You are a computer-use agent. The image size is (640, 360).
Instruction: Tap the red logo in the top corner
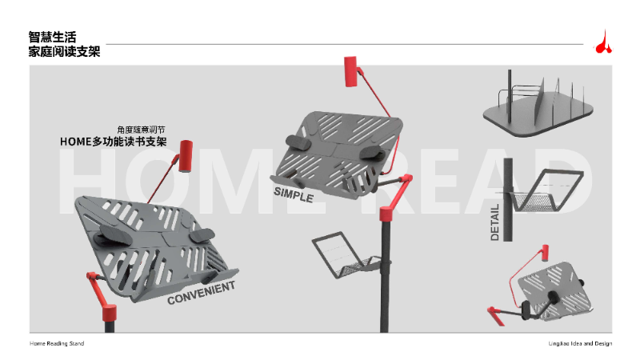604,42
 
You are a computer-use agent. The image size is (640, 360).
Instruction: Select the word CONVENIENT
202,292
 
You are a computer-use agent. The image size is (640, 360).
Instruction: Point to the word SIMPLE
293,194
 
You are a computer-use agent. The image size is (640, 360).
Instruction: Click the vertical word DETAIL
494,223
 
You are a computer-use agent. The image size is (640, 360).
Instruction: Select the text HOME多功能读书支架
114,142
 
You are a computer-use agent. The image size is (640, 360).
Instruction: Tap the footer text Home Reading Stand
57,343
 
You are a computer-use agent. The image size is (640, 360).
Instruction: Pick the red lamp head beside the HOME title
186,155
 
